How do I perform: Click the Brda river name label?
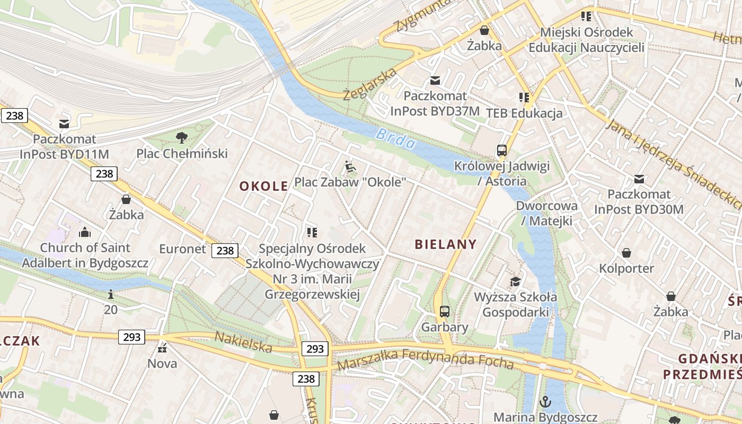pyautogui.click(x=395, y=139)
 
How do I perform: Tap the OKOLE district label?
pyautogui.click(x=263, y=186)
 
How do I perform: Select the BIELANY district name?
pyautogui.click(x=445, y=244)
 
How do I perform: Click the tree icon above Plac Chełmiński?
pyautogui.click(x=182, y=138)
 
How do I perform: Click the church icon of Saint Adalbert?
pyautogui.click(x=85, y=232)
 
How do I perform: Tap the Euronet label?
pyautogui.click(x=182, y=249)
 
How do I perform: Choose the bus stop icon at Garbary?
pyautogui.click(x=445, y=312)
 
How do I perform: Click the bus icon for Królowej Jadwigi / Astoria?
pyautogui.click(x=502, y=151)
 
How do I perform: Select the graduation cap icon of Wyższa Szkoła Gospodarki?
pyautogui.click(x=515, y=281)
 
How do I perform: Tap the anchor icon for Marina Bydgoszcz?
pyautogui.click(x=545, y=402)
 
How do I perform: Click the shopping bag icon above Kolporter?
pyautogui.click(x=626, y=253)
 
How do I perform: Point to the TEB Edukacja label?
pyautogui.click(x=524, y=113)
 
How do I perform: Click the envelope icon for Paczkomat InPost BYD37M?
pyautogui.click(x=435, y=81)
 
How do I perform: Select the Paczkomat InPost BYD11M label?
pyautogui.click(x=64, y=147)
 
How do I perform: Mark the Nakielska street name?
pyautogui.click(x=243, y=342)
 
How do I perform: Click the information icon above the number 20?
pyautogui.click(x=111, y=294)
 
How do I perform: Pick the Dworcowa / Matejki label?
pyautogui.click(x=547, y=213)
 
